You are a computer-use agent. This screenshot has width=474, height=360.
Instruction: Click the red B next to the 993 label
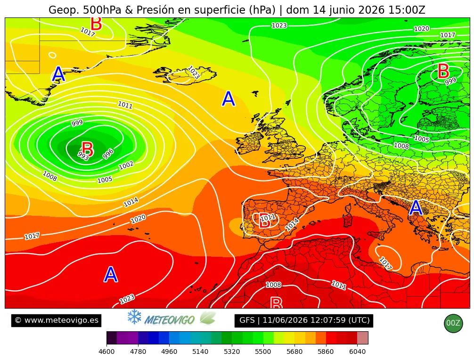[x=88, y=149]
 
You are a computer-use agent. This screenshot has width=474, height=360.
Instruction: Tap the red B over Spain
[x=264, y=221]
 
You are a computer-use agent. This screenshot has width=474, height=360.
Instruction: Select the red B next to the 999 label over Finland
[x=443, y=71]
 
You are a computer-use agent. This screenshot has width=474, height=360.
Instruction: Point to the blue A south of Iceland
[x=228, y=98]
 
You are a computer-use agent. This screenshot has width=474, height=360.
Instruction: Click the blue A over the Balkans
[x=416, y=208]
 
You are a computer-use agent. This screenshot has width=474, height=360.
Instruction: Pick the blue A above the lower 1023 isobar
[x=111, y=274]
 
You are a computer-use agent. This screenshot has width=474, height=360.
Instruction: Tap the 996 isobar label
[x=108, y=154]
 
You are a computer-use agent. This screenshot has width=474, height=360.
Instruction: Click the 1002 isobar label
[x=126, y=165]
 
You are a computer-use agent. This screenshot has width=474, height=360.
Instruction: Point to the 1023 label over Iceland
[x=193, y=73]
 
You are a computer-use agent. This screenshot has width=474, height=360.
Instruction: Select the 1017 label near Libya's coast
[x=385, y=263]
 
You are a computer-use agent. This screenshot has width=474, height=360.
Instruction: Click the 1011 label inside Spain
[x=268, y=217]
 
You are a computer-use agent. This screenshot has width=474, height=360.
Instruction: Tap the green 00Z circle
[x=453, y=323]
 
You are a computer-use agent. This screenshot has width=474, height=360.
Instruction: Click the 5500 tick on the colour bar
[x=263, y=352]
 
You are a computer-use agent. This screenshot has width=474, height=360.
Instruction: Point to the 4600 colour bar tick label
[x=106, y=352]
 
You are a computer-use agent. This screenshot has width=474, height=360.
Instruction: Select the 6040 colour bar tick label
[x=357, y=352]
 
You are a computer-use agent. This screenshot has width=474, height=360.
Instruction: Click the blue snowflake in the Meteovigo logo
[x=134, y=317]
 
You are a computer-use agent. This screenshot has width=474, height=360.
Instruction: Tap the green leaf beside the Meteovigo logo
[x=208, y=318]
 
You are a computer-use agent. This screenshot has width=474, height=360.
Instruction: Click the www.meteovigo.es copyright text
[x=57, y=320]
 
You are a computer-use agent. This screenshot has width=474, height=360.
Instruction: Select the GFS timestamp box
[x=304, y=320]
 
